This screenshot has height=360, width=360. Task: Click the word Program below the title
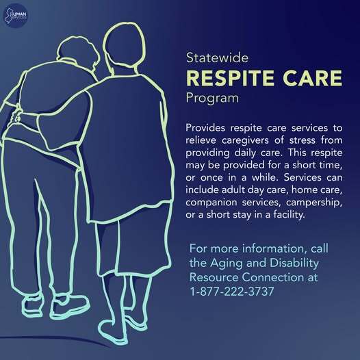point(212,98)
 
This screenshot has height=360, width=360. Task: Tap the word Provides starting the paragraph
point(208,128)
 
